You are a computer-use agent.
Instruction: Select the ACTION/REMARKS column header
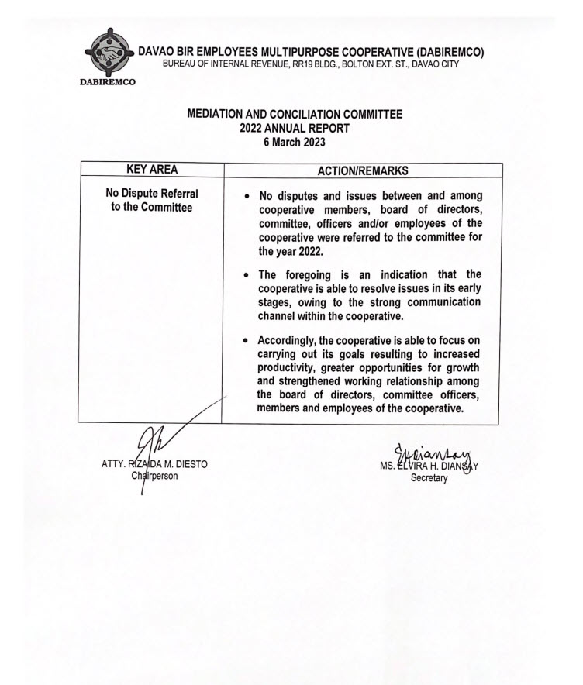pos(362,170)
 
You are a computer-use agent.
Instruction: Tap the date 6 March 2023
pos(295,143)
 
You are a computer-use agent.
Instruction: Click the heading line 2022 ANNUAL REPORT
pos(295,128)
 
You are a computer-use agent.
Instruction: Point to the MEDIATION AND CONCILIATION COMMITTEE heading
pos(295,114)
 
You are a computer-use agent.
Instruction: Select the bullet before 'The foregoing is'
pos(246,275)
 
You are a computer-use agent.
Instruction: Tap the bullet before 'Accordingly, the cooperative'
pos(246,340)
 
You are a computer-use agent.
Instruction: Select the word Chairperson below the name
pos(155,476)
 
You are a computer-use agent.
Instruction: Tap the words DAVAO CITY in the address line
pos(433,64)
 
